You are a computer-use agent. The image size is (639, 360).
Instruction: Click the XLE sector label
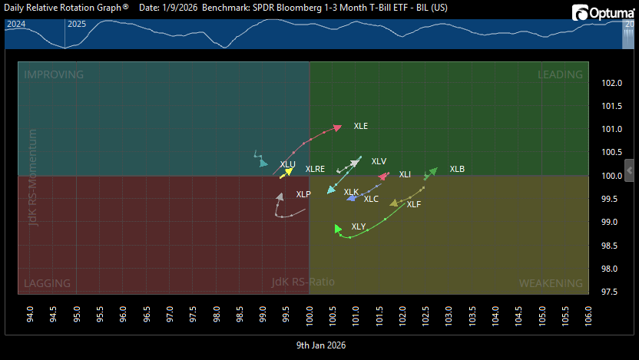pos(360,126)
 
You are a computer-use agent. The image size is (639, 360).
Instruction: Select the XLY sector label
pos(359,226)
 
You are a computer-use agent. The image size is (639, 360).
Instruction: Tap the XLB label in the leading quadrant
pos(457,169)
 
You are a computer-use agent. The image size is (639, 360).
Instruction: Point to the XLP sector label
pos(303,194)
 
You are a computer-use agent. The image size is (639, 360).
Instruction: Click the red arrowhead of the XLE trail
pos(336,127)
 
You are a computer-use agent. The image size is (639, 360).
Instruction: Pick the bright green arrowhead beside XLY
pos(338,228)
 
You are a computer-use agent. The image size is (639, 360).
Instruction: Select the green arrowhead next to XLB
pos(433,170)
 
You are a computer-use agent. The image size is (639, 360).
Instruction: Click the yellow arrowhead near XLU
pos(287,172)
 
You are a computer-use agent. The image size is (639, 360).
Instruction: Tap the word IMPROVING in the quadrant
pos(54,74)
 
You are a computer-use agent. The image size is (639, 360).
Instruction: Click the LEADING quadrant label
pos(560,74)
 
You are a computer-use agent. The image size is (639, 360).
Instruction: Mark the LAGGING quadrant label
pos(48,283)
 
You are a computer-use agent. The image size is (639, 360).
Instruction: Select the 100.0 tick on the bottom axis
pos(310,315)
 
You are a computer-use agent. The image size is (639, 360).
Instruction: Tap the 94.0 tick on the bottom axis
pos(31,315)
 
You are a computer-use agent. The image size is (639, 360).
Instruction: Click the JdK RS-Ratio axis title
pos(303,282)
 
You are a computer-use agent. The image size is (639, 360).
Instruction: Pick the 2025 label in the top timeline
pos(77,24)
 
